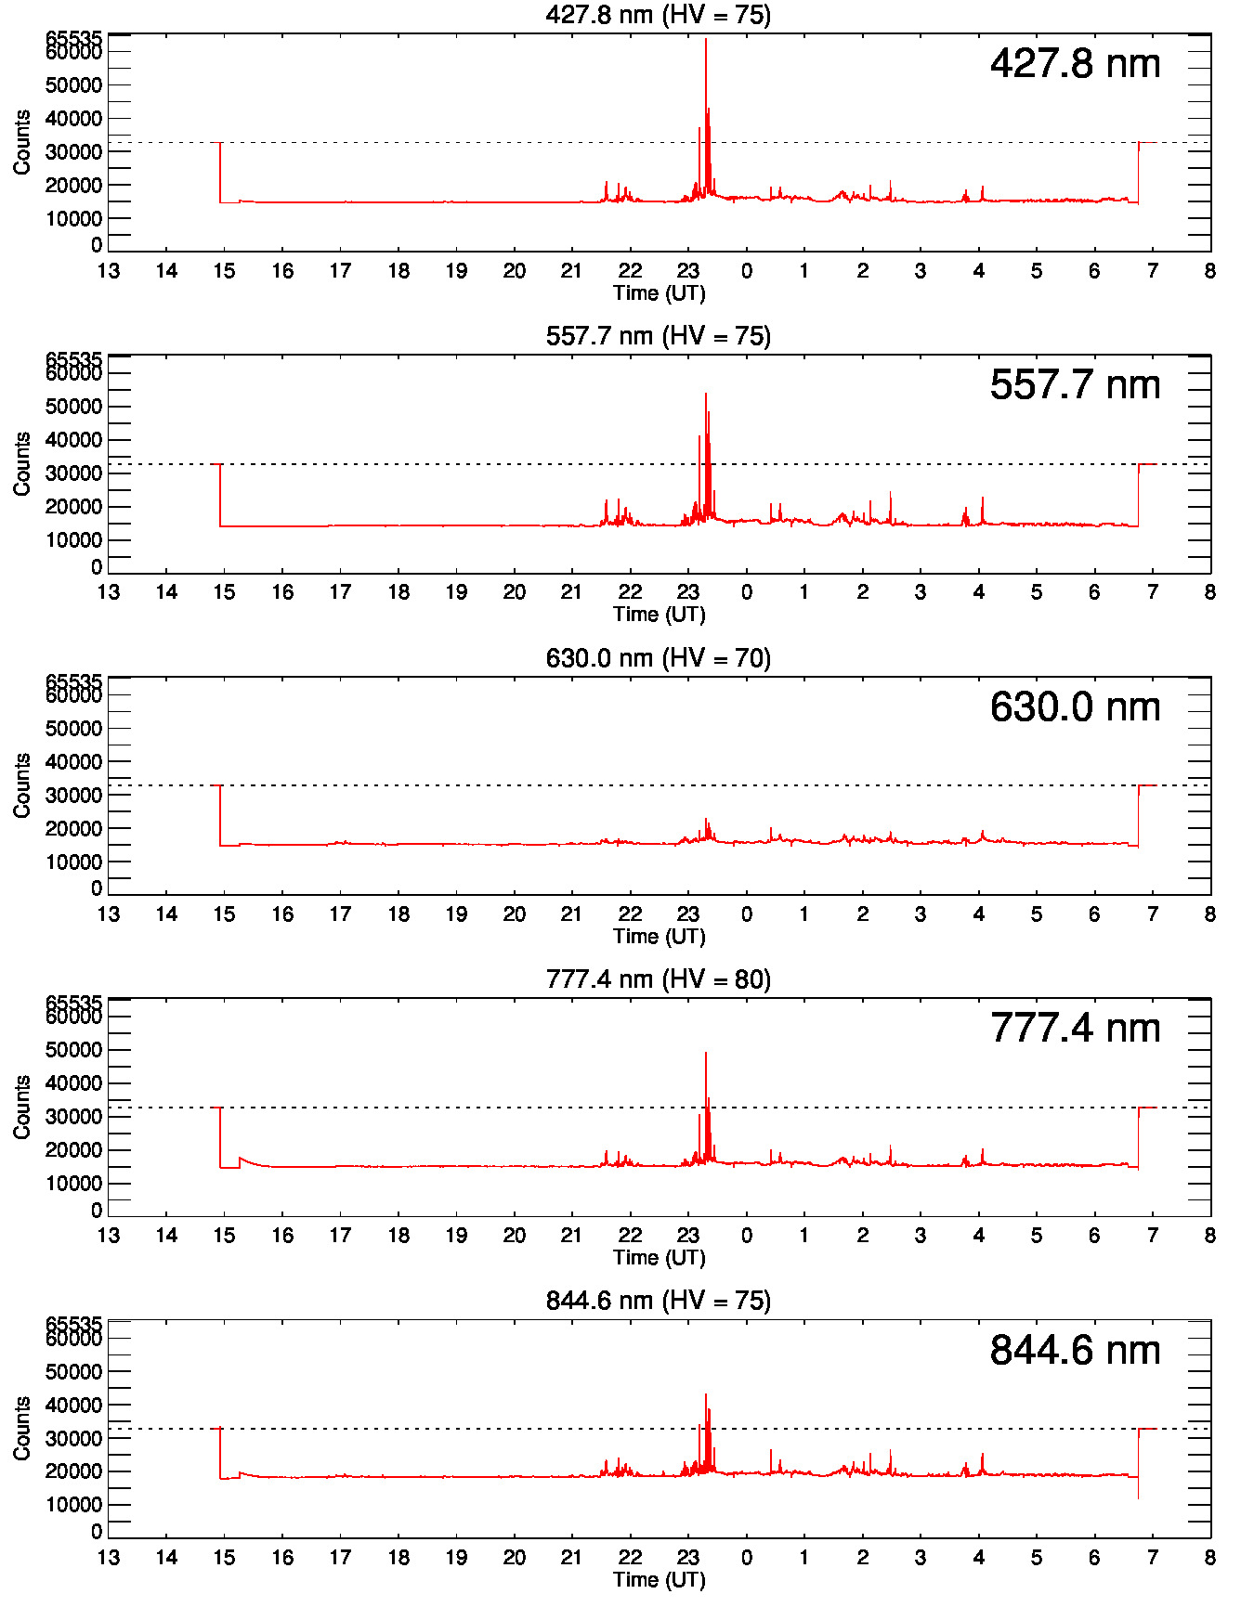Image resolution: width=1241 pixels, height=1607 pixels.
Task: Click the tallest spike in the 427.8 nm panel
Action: tap(706, 41)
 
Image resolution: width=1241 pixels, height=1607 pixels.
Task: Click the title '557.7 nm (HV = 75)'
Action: tap(659, 336)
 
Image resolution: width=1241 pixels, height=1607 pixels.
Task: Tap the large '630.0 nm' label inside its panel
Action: tap(1075, 707)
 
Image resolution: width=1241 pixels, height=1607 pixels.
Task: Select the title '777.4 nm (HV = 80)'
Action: tap(659, 979)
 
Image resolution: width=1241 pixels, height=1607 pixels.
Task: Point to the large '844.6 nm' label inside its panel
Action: tap(1075, 1351)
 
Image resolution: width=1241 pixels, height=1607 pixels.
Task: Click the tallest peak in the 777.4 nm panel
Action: tap(706, 1054)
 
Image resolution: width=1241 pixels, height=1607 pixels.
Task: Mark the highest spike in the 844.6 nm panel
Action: tap(706, 1395)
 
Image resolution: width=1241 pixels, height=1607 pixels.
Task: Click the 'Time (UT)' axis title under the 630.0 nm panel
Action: tap(659, 936)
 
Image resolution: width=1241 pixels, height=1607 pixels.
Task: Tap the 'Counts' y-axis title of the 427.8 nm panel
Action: tap(22, 142)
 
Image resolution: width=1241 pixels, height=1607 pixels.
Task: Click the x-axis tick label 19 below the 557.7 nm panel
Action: tap(456, 592)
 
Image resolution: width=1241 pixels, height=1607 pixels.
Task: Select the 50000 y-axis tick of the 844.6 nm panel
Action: tap(73, 1372)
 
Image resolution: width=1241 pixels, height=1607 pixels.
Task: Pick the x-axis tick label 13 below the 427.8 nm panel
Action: tap(109, 271)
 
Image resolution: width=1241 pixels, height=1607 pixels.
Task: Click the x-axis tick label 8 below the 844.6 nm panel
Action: tap(1209, 1558)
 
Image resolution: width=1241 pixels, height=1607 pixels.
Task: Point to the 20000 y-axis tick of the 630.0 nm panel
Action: tap(73, 829)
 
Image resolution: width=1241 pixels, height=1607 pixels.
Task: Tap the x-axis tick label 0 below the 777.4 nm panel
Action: tap(746, 1236)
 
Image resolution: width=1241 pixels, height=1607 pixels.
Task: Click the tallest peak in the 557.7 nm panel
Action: tap(706, 395)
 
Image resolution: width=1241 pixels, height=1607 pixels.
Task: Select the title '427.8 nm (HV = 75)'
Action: tap(659, 15)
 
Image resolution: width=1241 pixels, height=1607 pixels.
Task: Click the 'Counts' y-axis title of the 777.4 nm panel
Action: tap(22, 1108)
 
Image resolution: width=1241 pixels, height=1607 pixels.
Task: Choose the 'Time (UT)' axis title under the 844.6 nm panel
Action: tap(659, 1579)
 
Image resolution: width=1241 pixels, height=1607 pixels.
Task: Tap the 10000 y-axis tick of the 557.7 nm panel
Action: tap(73, 540)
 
